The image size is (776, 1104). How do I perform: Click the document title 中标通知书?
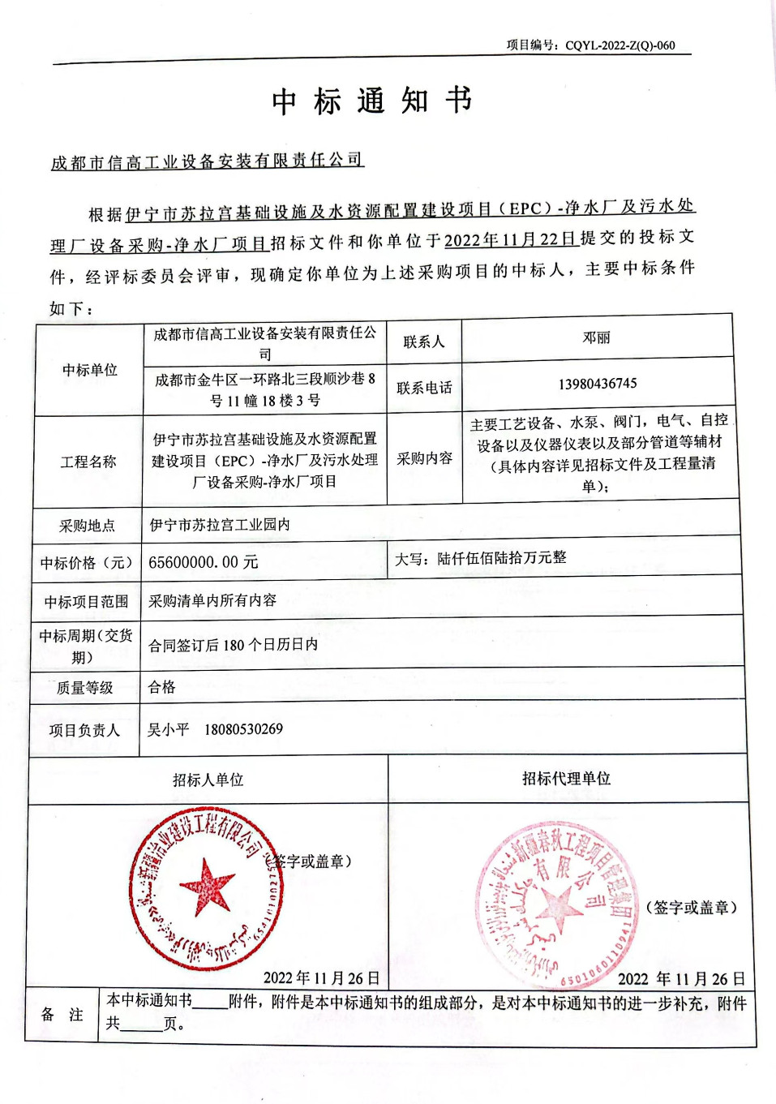(x=372, y=101)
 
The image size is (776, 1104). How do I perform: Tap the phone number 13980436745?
(x=598, y=384)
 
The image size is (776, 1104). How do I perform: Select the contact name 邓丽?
(x=596, y=338)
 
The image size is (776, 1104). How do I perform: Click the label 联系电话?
(x=424, y=388)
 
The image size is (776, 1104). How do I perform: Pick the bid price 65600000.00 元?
(x=204, y=562)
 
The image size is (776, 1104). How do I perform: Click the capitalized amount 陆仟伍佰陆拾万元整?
(x=501, y=558)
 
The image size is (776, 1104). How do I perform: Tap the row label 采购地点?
(x=87, y=526)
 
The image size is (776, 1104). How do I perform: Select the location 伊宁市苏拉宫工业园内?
(x=220, y=525)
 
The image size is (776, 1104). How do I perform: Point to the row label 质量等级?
(x=84, y=688)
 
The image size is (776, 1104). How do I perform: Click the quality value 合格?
(x=162, y=687)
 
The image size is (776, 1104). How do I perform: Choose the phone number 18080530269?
(x=243, y=729)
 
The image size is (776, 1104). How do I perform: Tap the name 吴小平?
(x=168, y=729)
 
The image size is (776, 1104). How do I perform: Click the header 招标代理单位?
(x=566, y=779)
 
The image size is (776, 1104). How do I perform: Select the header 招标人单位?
(x=208, y=780)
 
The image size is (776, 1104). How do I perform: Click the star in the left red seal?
(x=206, y=885)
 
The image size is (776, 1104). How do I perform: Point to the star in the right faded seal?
(x=557, y=906)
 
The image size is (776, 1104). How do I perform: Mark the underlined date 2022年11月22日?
(x=510, y=239)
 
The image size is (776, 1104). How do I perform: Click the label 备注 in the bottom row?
(x=62, y=1014)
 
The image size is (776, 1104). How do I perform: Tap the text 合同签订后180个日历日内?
(x=233, y=645)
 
